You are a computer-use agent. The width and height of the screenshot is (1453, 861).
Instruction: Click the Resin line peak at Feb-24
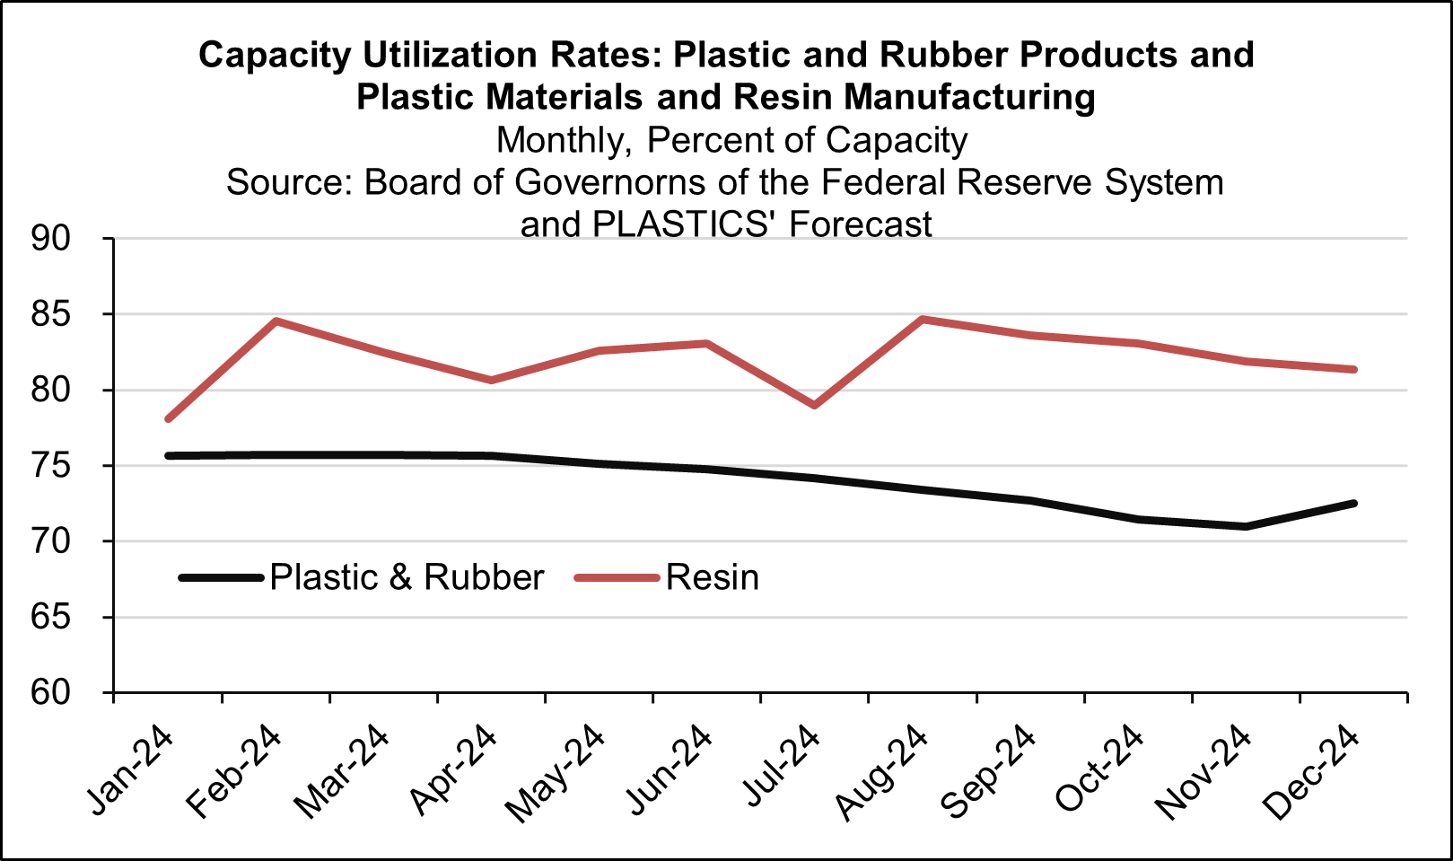pos(276,321)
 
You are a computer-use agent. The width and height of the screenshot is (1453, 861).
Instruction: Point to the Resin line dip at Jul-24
pos(815,405)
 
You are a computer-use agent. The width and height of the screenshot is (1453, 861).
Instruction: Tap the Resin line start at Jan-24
pos(168,418)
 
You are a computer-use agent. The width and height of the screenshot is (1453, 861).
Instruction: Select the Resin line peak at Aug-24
pos(923,319)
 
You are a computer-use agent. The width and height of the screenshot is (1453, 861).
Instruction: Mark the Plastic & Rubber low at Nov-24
pos(1246,526)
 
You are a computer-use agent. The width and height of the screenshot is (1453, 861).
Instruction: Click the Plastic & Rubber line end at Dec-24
pos(1353,504)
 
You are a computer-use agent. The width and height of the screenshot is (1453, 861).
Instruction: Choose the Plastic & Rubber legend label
pos(407,577)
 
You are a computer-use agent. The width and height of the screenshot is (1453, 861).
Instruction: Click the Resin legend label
pos(713,577)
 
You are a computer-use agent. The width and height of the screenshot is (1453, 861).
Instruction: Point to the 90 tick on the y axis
pos(50,239)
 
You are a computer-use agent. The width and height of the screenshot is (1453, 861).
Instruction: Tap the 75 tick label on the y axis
pos(50,466)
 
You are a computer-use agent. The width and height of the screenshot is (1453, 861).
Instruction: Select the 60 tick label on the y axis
pos(50,693)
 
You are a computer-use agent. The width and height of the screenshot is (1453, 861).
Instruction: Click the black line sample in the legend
pos(221,577)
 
